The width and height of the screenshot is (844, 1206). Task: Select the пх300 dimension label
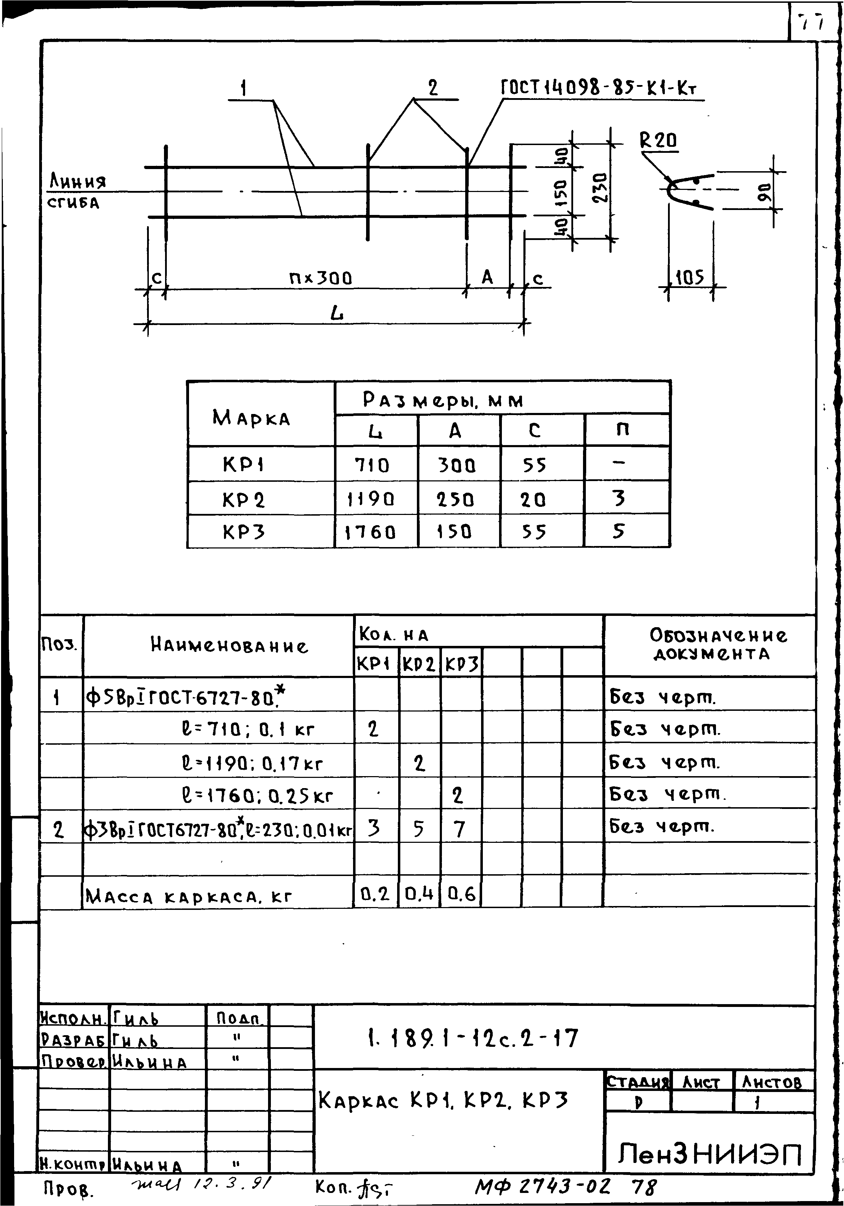320,277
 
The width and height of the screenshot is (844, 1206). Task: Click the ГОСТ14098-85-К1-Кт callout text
601,88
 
